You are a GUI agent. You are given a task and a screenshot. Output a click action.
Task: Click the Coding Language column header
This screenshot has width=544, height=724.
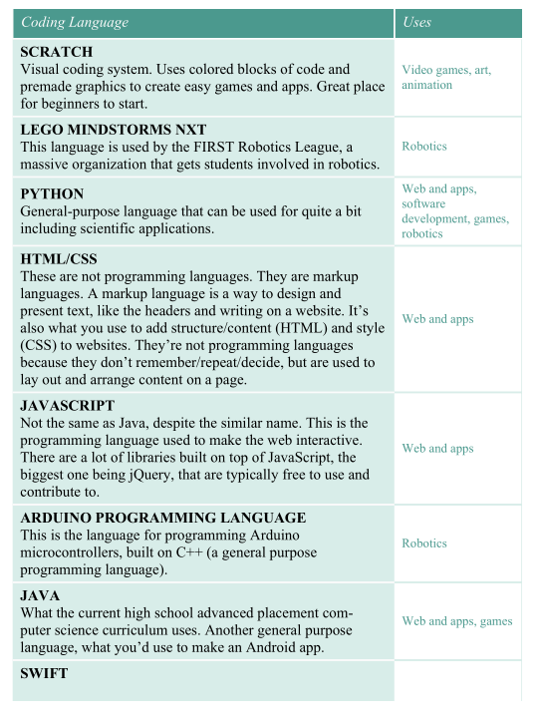click(x=75, y=22)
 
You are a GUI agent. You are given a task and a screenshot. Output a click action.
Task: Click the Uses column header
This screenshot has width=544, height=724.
click(x=417, y=22)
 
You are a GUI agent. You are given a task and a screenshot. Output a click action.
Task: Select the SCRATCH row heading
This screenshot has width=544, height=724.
click(x=56, y=51)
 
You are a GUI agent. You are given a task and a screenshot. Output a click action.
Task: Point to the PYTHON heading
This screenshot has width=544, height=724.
click(x=52, y=193)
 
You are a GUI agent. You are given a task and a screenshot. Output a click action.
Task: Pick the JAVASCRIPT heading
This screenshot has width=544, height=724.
click(x=68, y=406)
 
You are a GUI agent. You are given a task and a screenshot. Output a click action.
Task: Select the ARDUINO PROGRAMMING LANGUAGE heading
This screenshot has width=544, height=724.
click(x=162, y=518)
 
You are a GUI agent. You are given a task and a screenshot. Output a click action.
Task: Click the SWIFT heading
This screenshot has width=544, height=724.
click(x=44, y=674)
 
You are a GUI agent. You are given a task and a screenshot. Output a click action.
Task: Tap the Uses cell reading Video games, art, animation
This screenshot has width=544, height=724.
click(x=446, y=77)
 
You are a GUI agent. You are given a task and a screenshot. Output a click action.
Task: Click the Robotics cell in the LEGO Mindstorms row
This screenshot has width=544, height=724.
click(x=424, y=146)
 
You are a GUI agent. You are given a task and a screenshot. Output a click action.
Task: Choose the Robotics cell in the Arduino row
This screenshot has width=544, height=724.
click(x=424, y=543)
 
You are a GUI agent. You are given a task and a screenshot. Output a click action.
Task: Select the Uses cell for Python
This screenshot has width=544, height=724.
click(x=454, y=210)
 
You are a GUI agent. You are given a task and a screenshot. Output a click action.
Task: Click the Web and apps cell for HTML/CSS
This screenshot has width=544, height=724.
click(x=437, y=319)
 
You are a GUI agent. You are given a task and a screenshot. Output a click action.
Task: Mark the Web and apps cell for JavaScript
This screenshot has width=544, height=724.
click(x=437, y=449)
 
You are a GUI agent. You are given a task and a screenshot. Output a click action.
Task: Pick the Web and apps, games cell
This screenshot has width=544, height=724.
click(x=456, y=621)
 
